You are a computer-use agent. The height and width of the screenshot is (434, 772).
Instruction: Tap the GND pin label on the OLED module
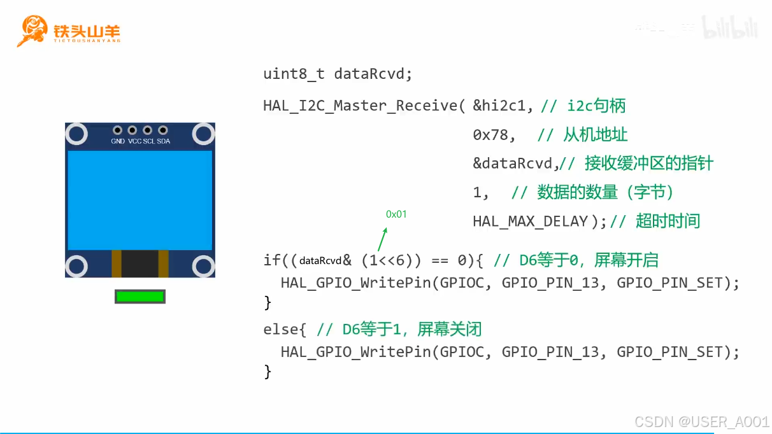tap(118, 141)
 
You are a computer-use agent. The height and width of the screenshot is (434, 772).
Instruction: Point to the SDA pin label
tap(164, 141)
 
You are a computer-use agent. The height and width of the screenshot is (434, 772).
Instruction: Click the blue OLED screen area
tap(139, 200)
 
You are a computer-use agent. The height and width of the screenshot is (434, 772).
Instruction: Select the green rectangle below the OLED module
tap(139, 296)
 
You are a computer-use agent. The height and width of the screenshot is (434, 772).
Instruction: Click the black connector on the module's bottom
tap(139, 263)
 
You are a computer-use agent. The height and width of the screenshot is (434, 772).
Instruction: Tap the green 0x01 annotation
tap(396, 214)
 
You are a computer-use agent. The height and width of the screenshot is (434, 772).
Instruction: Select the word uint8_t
tap(294, 74)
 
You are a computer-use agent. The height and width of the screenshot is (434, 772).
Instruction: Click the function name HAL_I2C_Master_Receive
tap(361, 106)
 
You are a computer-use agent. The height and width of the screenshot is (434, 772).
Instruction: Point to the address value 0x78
tap(494, 135)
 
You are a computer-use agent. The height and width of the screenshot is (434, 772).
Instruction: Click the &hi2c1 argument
tap(503, 106)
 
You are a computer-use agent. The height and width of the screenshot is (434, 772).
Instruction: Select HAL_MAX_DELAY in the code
tap(530, 221)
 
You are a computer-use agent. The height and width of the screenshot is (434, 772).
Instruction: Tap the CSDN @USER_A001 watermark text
tap(701, 422)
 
